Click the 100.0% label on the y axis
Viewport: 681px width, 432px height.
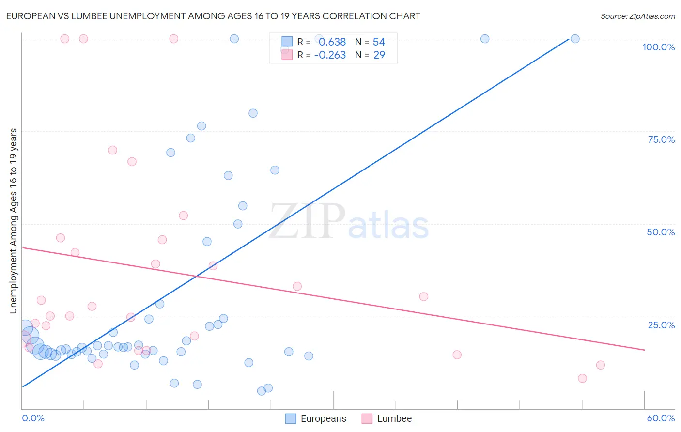click(x=658, y=47)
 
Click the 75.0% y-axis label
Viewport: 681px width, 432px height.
click(x=661, y=139)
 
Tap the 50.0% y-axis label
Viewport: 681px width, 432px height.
click(x=661, y=232)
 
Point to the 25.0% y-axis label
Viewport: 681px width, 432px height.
click(x=661, y=325)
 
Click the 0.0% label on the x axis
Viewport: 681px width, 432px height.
click(x=33, y=418)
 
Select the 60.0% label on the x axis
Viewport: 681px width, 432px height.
click(x=661, y=418)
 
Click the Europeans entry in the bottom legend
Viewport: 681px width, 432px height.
click(x=323, y=418)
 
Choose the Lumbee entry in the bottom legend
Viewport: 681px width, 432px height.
click(x=394, y=418)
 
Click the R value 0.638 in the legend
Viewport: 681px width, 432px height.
click(x=332, y=42)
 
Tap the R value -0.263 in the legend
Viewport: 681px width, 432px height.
click(x=330, y=55)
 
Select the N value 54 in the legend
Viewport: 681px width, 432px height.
click(x=379, y=42)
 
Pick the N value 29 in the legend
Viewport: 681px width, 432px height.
click(x=379, y=55)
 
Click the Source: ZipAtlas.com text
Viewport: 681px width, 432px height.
click(x=637, y=16)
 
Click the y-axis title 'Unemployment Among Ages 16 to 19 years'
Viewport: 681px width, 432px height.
click(x=13, y=221)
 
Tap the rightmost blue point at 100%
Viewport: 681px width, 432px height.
click(x=575, y=39)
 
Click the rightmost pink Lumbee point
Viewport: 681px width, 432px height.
click(x=601, y=365)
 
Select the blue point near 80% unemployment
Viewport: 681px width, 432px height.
click(x=253, y=113)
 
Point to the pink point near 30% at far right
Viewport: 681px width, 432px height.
click(x=424, y=297)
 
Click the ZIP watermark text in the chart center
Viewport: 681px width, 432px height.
click(x=307, y=221)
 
